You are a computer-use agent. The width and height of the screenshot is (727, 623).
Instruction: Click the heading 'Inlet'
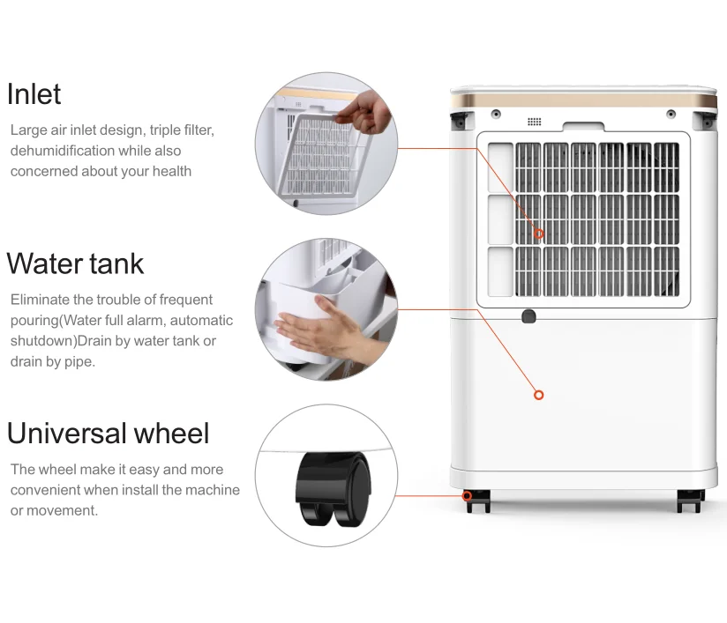tap(34, 94)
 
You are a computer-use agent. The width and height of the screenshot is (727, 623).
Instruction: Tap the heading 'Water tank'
tap(75, 263)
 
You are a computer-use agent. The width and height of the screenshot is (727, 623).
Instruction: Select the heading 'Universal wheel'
tap(108, 433)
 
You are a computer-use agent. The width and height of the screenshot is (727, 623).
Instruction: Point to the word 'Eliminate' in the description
tap(40, 300)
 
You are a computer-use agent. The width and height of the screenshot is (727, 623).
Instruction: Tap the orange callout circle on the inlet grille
tap(539, 234)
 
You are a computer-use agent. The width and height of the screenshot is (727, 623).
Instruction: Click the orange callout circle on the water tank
tap(539, 395)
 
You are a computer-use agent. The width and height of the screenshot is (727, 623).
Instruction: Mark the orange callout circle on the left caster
tap(467, 496)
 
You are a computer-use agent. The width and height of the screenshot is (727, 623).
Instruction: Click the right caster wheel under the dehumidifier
tap(690, 501)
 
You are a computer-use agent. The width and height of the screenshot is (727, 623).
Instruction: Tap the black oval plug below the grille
tap(528, 316)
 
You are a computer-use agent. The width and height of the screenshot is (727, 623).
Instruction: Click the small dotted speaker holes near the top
tap(534, 122)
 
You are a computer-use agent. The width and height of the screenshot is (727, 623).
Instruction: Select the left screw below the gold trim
tap(496, 114)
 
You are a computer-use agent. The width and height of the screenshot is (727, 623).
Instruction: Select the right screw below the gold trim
tap(671, 114)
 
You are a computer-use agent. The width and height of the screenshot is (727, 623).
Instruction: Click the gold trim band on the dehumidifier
tap(583, 100)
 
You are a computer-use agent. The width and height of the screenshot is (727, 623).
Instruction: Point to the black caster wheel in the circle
tap(334, 489)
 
